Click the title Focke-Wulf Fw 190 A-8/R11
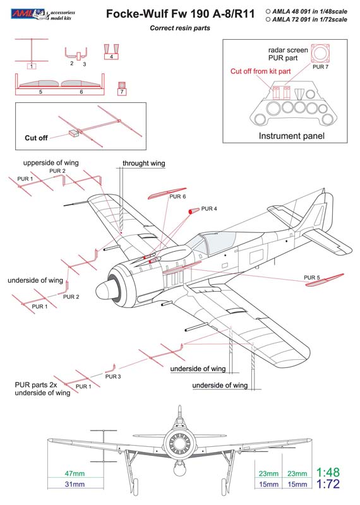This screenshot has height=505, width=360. pyautogui.click(x=180, y=14)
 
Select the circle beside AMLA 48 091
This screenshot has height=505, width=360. pyautogui.click(x=268, y=11)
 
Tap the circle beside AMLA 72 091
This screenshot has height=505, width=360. pyautogui.click(x=268, y=20)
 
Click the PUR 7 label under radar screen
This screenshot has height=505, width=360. pyautogui.click(x=320, y=67)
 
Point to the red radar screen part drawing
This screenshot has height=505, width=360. pyautogui.click(x=320, y=53)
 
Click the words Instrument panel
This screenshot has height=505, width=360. pyautogui.click(x=291, y=136)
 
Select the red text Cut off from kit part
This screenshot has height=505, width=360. pyautogui.click(x=260, y=71)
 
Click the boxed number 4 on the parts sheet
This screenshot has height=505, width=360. pyautogui.click(x=112, y=57)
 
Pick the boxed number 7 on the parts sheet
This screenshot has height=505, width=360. pyautogui.click(x=122, y=92)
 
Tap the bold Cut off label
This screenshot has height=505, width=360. pyautogui.click(x=36, y=138)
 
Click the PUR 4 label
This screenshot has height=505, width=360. pyautogui.click(x=209, y=209)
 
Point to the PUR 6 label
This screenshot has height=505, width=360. pyautogui.click(x=177, y=196)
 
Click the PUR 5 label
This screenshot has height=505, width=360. pyautogui.click(x=312, y=278)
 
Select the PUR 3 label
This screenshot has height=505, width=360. pyautogui.click(x=113, y=376)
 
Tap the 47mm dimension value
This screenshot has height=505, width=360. pyautogui.click(x=75, y=473)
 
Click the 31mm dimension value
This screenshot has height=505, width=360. pyautogui.click(x=75, y=484)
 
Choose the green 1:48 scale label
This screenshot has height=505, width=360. pyautogui.click(x=328, y=472)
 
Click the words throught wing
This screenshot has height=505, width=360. pyautogui.click(x=144, y=163)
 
